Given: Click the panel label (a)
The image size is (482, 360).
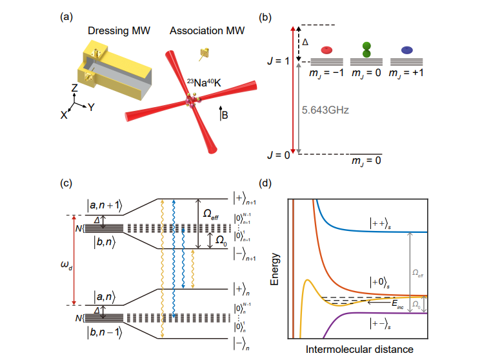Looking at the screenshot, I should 67,17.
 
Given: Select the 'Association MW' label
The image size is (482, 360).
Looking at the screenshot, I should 204,31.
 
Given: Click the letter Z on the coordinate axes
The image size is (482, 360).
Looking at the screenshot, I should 75,87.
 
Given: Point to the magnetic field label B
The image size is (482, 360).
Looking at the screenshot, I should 224,116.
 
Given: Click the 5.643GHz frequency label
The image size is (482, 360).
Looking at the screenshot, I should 325,110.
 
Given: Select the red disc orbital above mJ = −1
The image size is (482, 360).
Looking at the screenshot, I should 328,49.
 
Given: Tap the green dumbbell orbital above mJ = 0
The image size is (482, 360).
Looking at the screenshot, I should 367,50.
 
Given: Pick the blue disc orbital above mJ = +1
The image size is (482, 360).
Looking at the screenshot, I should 407,49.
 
